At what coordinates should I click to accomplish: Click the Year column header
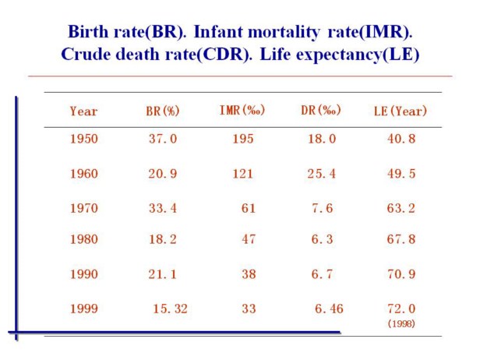click(x=83, y=111)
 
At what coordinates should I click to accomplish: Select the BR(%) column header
click(x=164, y=111)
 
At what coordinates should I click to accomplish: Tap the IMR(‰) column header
click(x=242, y=110)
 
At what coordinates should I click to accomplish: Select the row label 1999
click(x=83, y=309)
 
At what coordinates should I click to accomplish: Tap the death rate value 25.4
click(x=322, y=173)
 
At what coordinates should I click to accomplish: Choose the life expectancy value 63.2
click(x=401, y=208)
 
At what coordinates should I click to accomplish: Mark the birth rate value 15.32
click(x=170, y=309)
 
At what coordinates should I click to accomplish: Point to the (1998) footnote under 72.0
click(x=401, y=323)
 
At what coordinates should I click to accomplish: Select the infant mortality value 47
click(x=249, y=239)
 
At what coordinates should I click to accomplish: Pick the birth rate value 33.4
click(x=164, y=208)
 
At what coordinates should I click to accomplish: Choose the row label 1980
click(x=83, y=239)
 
